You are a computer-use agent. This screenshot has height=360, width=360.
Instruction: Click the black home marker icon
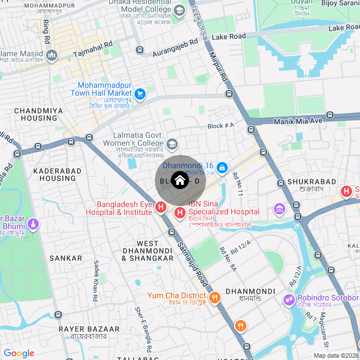pos(179,181)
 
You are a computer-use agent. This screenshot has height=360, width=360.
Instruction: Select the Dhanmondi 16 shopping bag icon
pos(223,167)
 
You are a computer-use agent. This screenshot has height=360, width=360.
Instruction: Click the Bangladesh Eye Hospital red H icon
pos(161,208)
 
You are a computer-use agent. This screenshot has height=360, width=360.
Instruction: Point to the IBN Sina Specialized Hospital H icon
pos(180,212)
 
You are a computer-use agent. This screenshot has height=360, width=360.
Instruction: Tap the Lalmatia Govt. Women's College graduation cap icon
pos(172,144)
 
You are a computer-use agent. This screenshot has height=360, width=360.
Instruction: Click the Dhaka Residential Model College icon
pos(179,10)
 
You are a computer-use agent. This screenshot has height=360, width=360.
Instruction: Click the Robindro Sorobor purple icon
pos(289,300)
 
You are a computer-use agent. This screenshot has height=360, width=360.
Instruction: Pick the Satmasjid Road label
pos(193,262)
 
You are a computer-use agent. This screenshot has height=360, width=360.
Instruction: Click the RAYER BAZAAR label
pos(89,328)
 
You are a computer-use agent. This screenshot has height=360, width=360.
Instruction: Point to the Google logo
pos(19,353)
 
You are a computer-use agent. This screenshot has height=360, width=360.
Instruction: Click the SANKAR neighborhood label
pos(66,258)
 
